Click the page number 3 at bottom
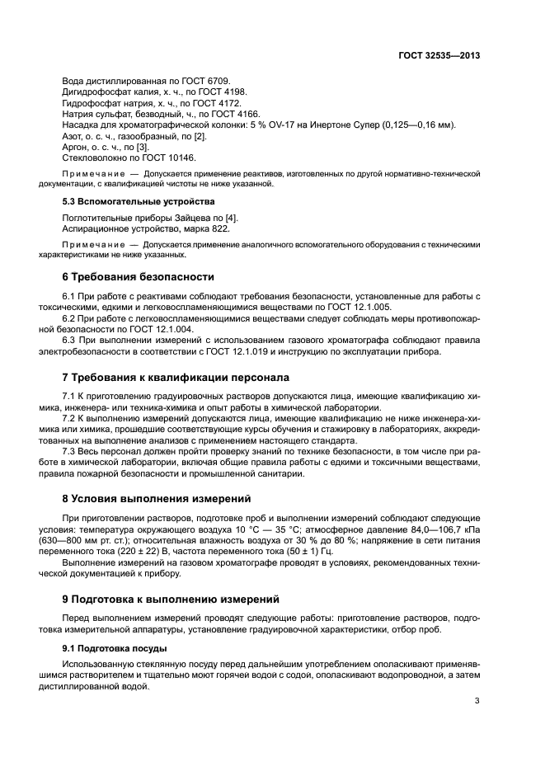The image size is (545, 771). (477, 701)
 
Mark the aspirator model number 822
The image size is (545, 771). (219, 228)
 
